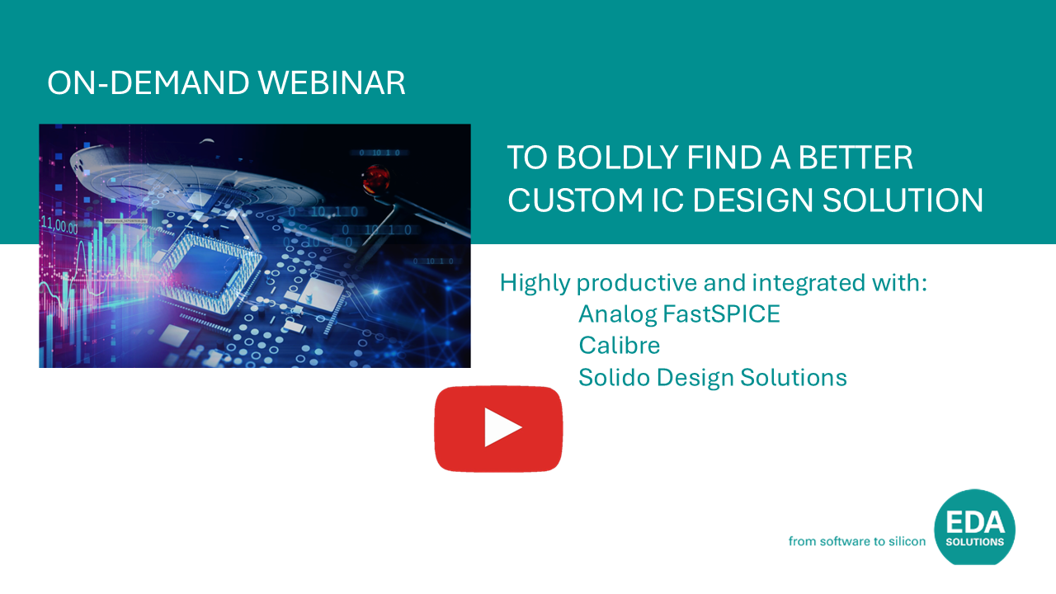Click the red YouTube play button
(x=498, y=428)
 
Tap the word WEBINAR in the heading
(x=332, y=83)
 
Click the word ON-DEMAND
(x=148, y=83)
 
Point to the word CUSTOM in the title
(x=576, y=200)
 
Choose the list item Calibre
(x=619, y=345)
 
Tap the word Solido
(x=615, y=377)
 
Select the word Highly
(x=535, y=284)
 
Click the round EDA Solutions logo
(x=974, y=527)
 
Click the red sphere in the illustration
(x=375, y=180)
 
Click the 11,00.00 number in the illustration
(x=59, y=225)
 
